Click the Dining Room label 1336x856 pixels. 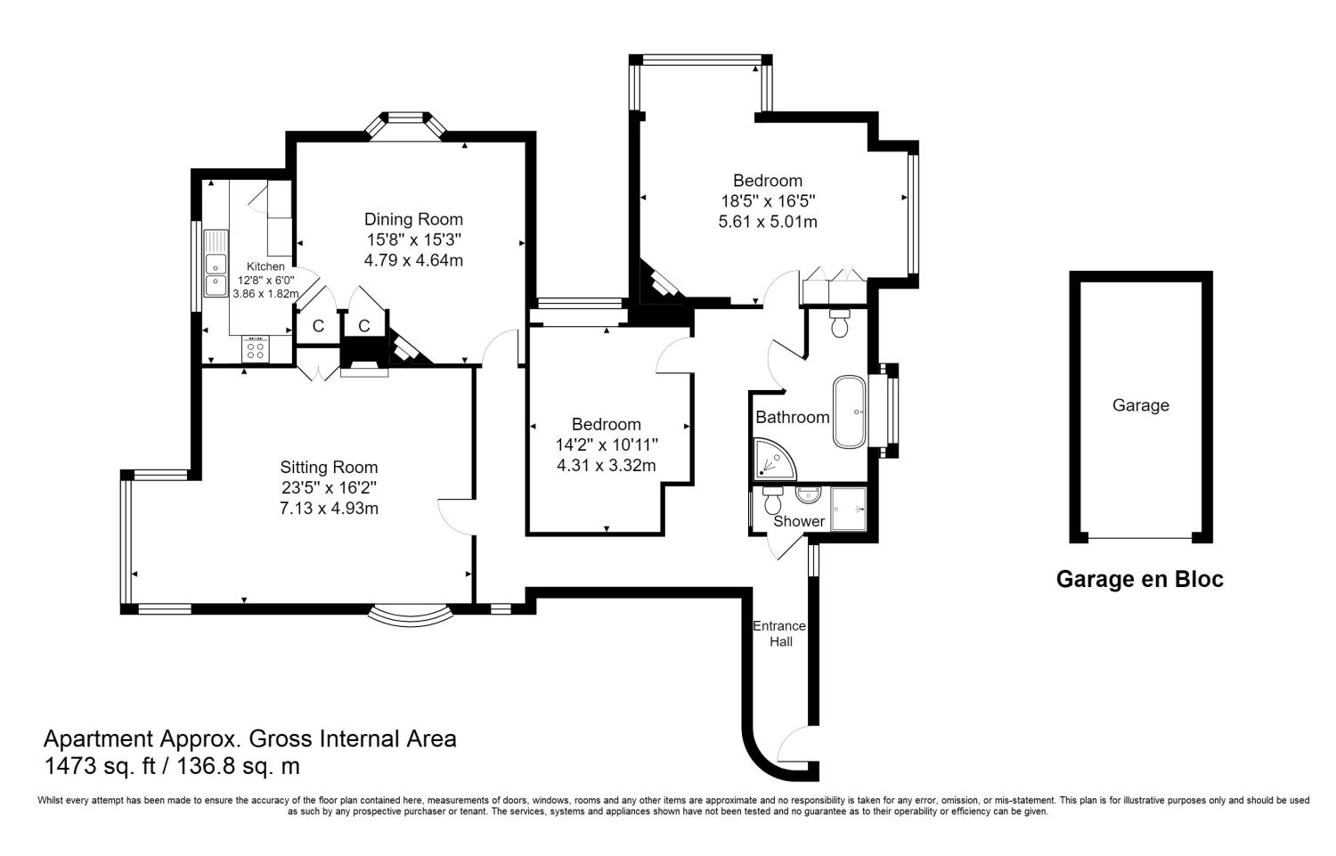click(413, 219)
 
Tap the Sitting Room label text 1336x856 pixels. click(329, 468)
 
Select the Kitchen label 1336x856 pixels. click(265, 266)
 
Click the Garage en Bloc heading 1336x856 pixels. click(1139, 580)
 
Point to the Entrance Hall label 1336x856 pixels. click(779, 633)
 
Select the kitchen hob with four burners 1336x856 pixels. click(256, 350)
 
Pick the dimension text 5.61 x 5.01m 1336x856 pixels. click(767, 222)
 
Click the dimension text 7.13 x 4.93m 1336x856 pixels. click(329, 509)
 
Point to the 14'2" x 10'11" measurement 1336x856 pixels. click(606, 444)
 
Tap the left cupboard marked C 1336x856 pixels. click(318, 327)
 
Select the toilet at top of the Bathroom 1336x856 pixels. click(838, 325)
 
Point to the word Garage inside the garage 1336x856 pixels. click(1140, 405)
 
